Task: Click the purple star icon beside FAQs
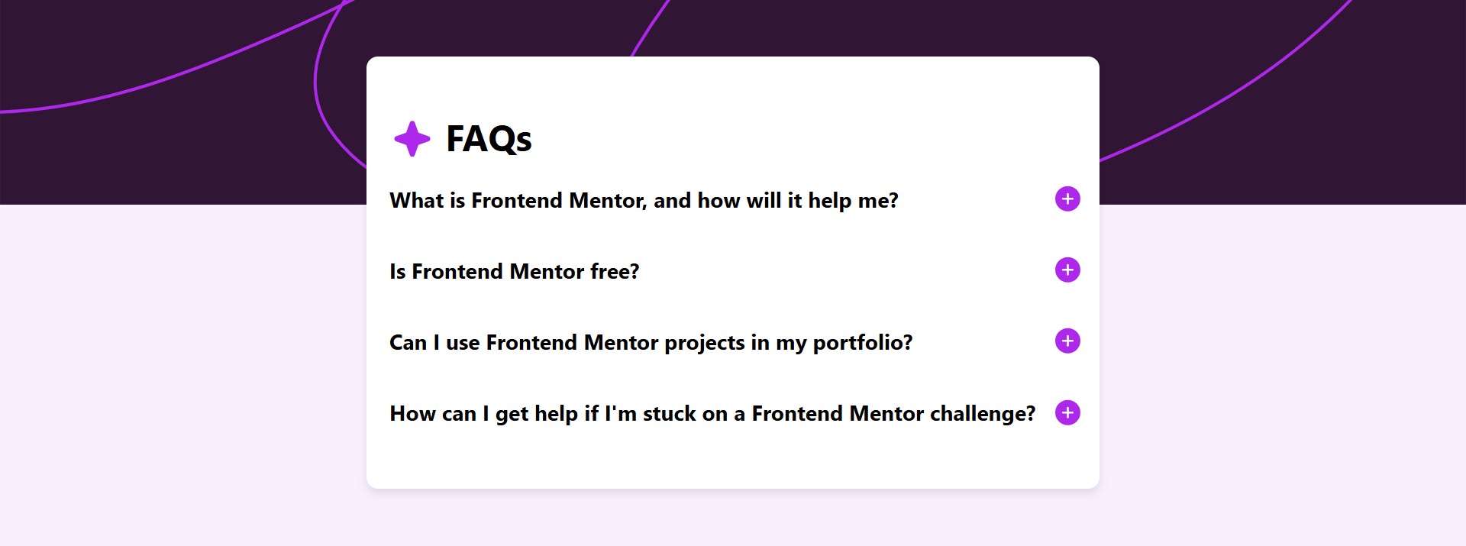(x=412, y=139)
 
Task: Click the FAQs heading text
(x=489, y=139)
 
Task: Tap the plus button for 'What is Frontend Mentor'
(x=1067, y=199)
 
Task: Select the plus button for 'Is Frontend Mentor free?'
(x=1067, y=270)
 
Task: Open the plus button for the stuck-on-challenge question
(x=1067, y=412)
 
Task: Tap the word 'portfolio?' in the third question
(x=863, y=343)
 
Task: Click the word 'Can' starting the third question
(x=408, y=343)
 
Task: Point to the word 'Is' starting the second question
(x=398, y=271)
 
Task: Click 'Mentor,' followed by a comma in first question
(x=609, y=201)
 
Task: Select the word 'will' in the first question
(x=764, y=200)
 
